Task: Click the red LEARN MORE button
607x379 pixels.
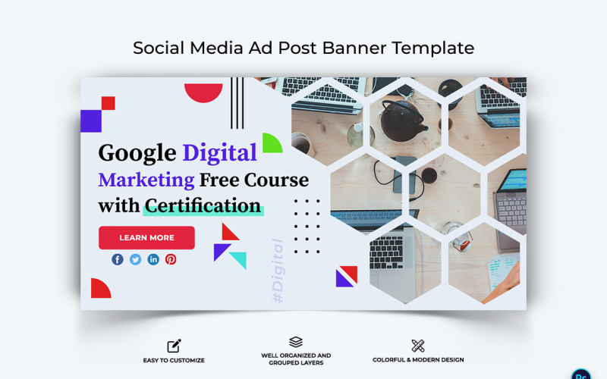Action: (146, 238)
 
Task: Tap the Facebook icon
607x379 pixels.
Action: (118, 259)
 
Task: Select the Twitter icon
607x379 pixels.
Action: (135, 259)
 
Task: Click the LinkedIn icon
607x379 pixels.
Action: (153, 259)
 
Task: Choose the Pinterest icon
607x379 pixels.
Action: (171, 259)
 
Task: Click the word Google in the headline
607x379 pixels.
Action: (137, 153)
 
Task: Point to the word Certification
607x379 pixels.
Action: (203, 205)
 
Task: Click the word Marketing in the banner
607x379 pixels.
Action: (146, 180)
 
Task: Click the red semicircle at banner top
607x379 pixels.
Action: (203, 91)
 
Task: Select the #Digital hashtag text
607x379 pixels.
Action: (278, 271)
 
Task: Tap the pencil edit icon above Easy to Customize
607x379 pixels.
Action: (174, 346)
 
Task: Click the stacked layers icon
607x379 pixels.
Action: (296, 343)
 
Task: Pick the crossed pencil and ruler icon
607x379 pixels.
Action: (418, 346)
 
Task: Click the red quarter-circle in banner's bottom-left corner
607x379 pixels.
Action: (99, 290)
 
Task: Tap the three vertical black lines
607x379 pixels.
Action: (237, 103)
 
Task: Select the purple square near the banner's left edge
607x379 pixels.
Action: (91, 121)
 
